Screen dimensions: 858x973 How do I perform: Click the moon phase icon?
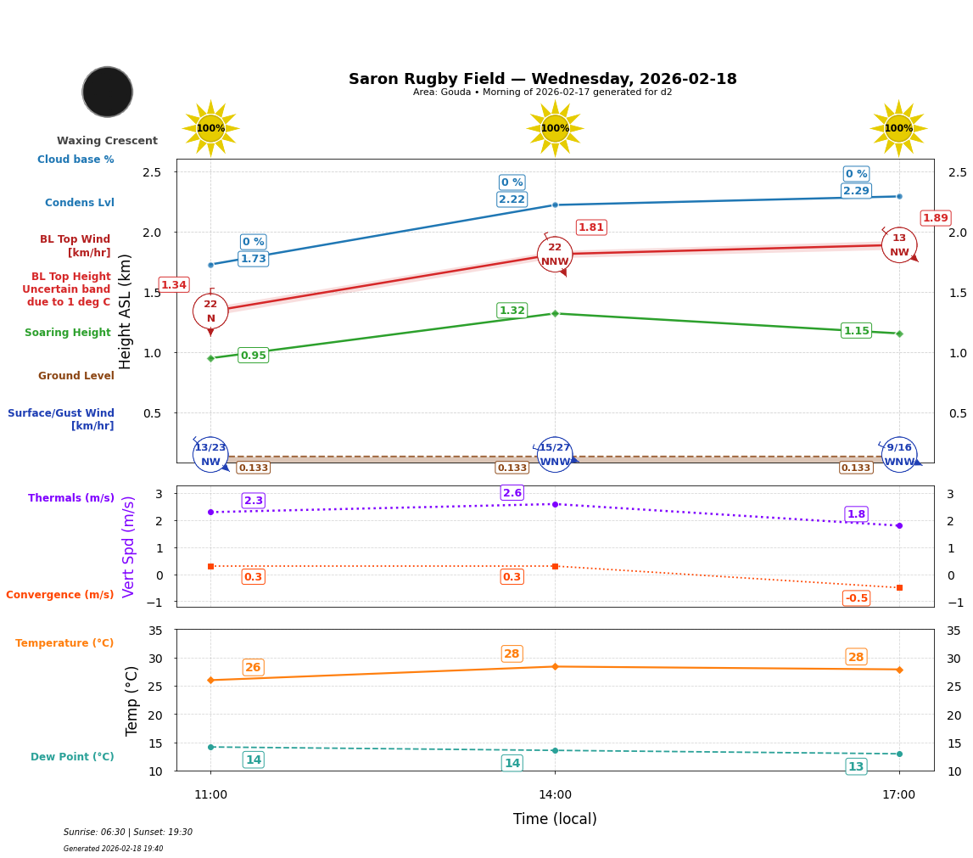point(108,92)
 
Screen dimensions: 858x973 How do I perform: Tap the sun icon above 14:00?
point(555,128)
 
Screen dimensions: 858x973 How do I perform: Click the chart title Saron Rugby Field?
point(542,79)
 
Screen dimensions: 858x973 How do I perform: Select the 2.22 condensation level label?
point(512,199)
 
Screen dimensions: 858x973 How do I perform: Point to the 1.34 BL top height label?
point(174,285)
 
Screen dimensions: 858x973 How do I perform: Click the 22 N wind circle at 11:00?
point(210,311)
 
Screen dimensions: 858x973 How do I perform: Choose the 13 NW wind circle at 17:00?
point(899,245)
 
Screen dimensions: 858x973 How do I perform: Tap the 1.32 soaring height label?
point(512,311)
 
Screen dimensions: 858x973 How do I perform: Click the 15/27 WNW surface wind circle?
point(555,455)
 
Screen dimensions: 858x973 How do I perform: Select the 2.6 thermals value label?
point(512,493)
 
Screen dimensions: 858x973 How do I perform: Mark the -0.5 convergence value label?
point(856,598)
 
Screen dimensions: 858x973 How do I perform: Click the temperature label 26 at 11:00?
point(253,668)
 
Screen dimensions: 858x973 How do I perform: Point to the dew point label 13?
point(856,766)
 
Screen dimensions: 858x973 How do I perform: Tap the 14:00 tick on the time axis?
point(555,795)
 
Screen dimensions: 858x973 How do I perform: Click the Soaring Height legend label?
point(68,333)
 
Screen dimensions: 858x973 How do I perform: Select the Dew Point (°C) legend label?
point(72,757)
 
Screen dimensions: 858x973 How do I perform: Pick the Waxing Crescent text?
point(107,141)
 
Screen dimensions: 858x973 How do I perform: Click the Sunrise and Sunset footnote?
point(128,833)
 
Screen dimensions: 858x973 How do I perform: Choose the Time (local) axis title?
point(555,819)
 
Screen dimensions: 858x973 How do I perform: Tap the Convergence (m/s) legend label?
point(60,595)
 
